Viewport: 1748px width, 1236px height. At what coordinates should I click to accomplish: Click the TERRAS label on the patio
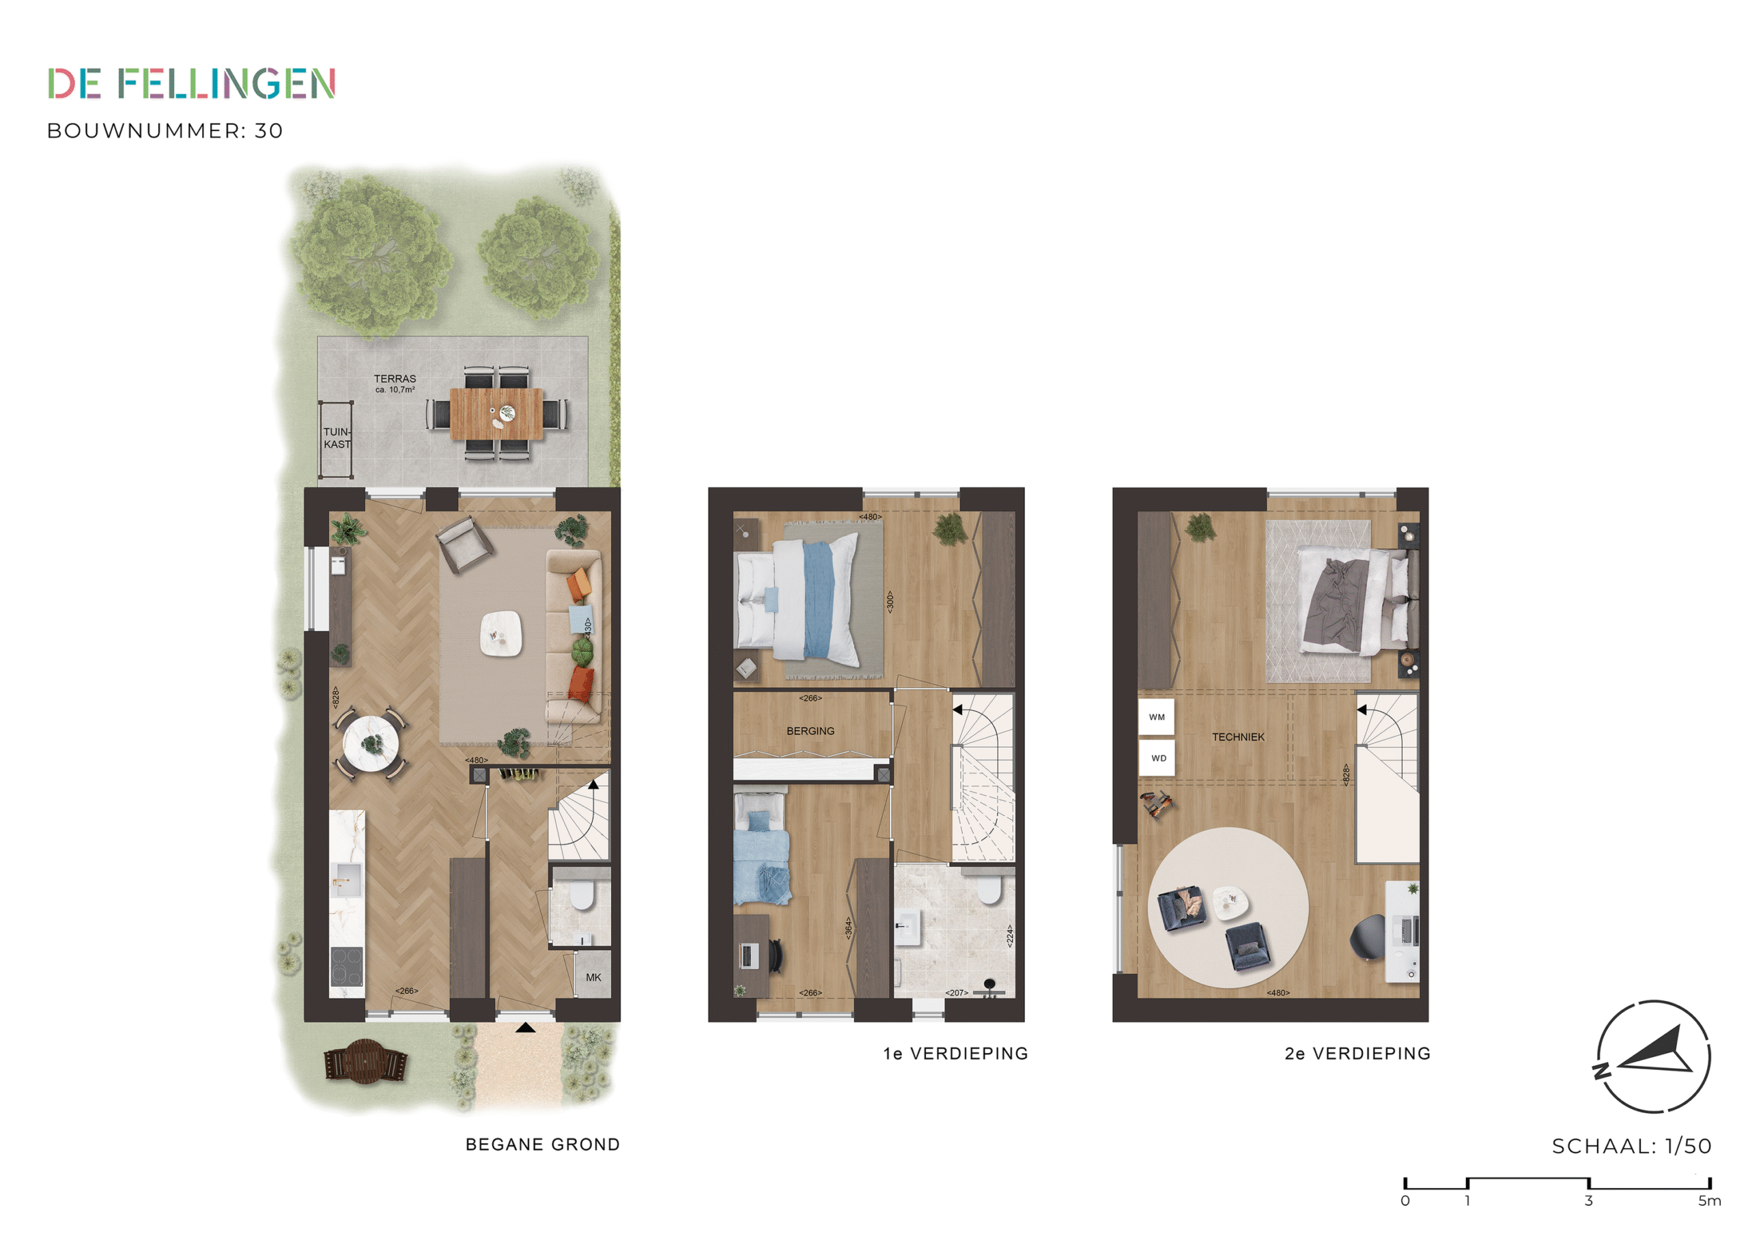[395, 378]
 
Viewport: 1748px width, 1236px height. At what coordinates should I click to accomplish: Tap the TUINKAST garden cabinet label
[337, 438]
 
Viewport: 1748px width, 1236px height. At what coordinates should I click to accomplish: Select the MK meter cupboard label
[593, 977]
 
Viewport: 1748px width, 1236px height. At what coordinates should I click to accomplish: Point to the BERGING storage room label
[810, 731]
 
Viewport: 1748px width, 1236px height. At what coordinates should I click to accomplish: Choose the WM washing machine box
[1157, 718]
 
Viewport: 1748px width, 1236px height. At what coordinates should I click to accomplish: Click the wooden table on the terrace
[496, 414]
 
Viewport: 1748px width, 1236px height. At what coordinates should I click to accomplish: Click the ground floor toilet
[582, 895]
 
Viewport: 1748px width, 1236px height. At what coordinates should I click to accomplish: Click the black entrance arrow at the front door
[525, 1028]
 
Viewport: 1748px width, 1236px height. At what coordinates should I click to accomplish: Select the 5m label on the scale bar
[1709, 1201]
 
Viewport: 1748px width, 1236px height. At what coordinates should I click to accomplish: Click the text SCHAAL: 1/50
[1631, 1146]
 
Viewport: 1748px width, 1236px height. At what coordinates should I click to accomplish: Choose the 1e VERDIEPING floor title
[955, 1053]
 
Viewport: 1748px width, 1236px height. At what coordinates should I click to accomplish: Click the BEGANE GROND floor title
[543, 1144]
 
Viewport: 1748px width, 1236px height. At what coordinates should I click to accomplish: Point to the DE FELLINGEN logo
[192, 84]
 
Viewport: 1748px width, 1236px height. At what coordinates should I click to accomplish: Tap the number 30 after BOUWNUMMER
[269, 131]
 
